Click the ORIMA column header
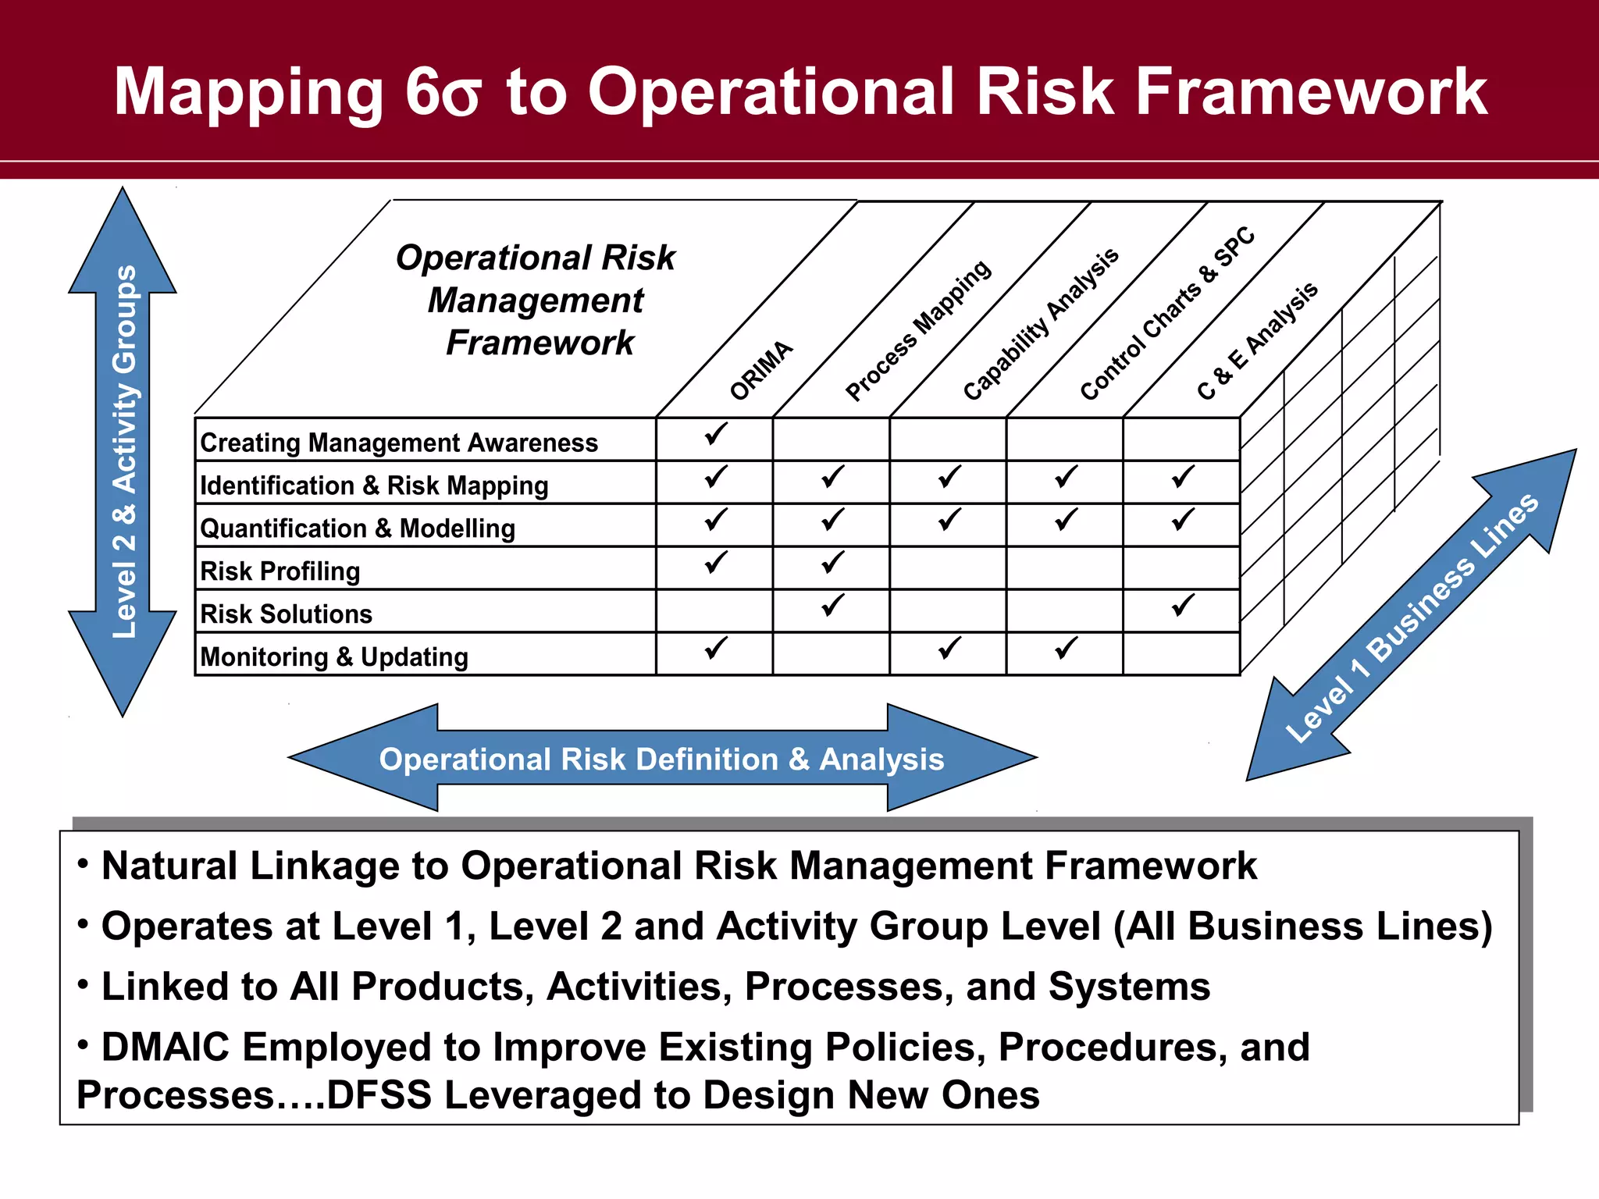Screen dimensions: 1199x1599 [x=761, y=370]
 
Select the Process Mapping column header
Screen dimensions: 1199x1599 [x=918, y=330]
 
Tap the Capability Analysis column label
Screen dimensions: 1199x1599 [x=1041, y=324]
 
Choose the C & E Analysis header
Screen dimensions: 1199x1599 [x=1257, y=341]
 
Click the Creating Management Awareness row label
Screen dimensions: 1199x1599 [x=399, y=443]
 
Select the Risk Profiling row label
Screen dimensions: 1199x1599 [x=280, y=571]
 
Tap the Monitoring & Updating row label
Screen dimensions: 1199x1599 [x=334, y=657]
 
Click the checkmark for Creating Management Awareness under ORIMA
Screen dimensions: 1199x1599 [x=715, y=434]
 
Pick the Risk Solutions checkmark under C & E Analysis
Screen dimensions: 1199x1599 [x=1183, y=605]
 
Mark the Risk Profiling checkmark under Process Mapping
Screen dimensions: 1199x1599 [x=832, y=562]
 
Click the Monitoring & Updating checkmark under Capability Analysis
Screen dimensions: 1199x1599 [x=949, y=648]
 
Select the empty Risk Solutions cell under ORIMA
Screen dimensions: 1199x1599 [x=714, y=611]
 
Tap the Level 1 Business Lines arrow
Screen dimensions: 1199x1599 [x=1412, y=617]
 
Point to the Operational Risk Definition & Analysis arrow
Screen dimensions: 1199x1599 [x=662, y=759]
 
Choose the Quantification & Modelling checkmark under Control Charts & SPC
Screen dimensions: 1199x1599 [x=1066, y=519]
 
